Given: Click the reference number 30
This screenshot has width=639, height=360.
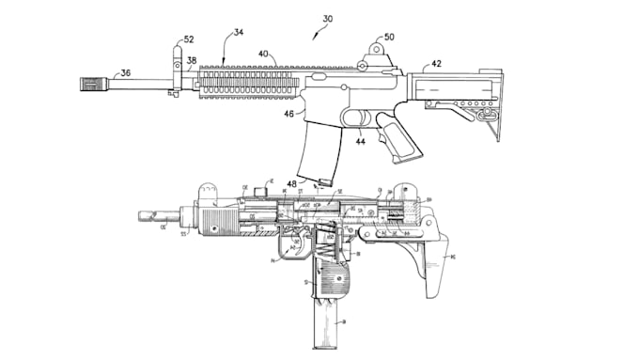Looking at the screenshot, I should tap(326, 19).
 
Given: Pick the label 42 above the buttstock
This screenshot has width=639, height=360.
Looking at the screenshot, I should tap(436, 65).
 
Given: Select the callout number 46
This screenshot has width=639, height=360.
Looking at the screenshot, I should tap(288, 115).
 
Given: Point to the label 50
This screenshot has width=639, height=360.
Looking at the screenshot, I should tap(388, 38).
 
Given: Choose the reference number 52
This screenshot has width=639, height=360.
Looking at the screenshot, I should tap(188, 39).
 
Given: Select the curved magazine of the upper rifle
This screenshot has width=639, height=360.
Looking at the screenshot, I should tap(314, 151).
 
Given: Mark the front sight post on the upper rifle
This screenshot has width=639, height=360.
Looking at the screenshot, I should tap(176, 61).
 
